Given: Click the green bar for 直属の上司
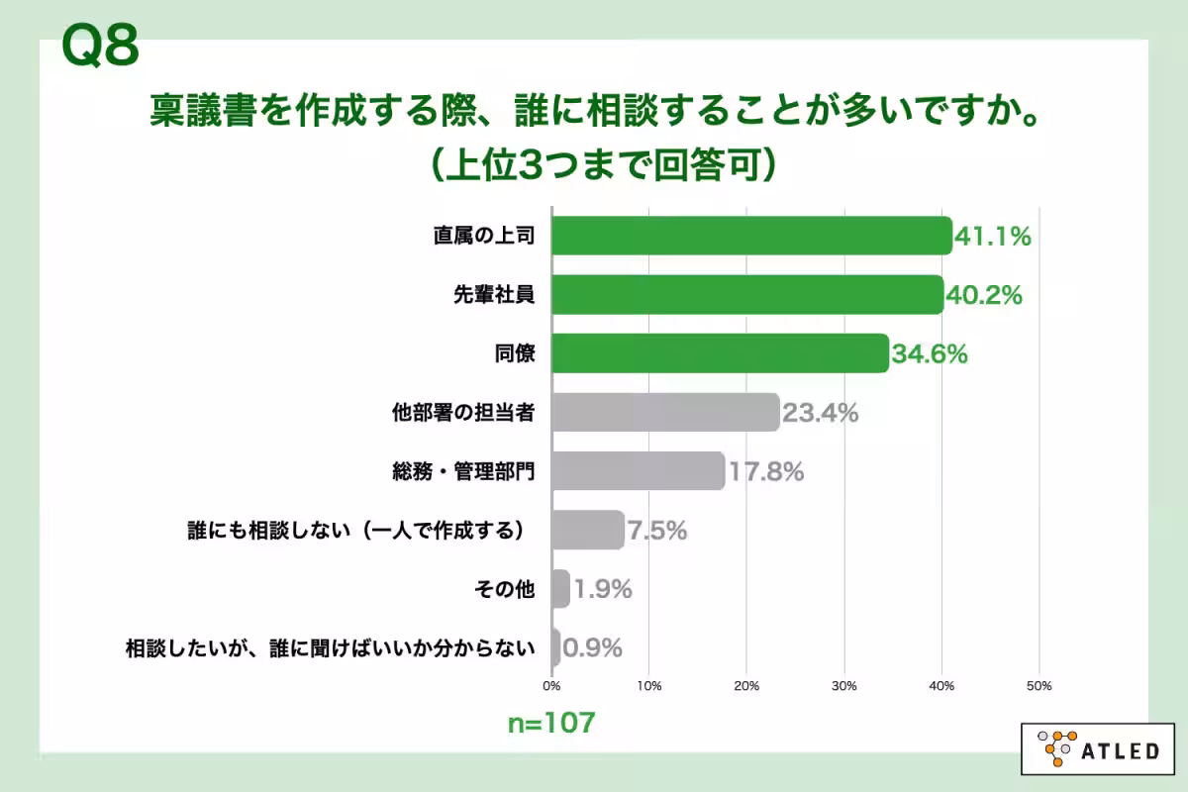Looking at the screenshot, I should (751, 236).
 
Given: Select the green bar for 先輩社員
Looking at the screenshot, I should (747, 294).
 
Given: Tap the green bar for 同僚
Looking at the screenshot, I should (720, 353).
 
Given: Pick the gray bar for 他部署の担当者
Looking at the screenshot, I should (665, 413).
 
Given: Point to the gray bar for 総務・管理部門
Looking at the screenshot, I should (638, 471).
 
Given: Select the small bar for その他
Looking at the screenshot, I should (560, 589).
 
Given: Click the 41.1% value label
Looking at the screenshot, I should (993, 237).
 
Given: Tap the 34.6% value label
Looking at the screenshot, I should (930, 354).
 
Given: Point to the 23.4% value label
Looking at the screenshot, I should (820, 413).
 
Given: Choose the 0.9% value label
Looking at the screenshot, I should (592, 648).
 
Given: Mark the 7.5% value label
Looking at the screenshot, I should (656, 531).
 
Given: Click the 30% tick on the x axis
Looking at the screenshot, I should (843, 685).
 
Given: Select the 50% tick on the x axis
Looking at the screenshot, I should (1039, 685).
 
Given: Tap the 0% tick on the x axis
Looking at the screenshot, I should (551, 685).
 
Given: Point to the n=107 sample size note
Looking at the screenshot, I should (551, 723).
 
